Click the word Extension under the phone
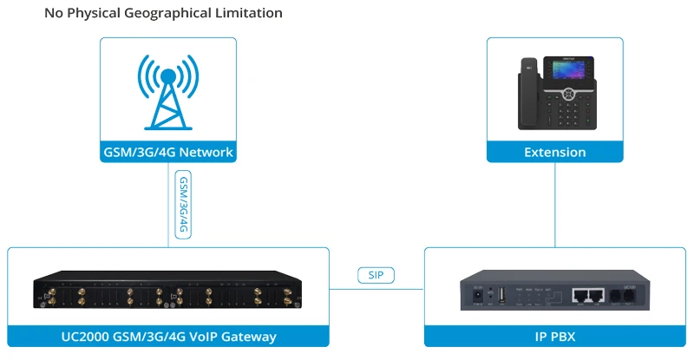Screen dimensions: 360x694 click(x=555, y=152)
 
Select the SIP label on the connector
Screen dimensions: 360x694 click(x=376, y=276)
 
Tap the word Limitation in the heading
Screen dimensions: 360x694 click(x=246, y=14)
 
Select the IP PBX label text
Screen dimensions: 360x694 click(x=554, y=336)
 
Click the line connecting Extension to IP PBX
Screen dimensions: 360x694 click(x=554, y=204)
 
